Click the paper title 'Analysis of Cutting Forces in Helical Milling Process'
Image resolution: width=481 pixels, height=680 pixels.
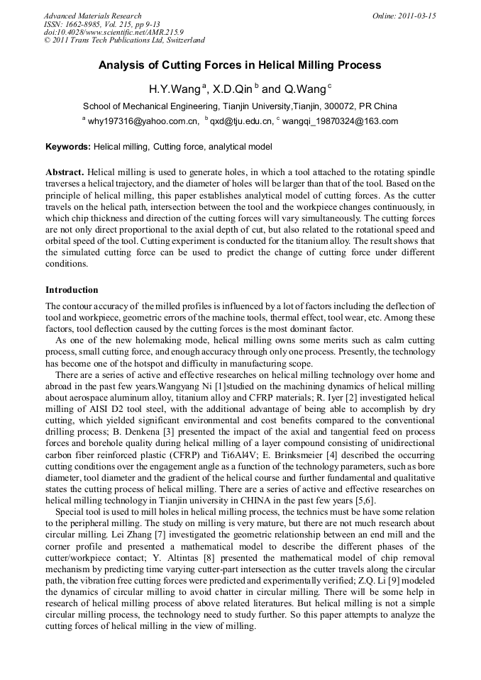click(240, 65)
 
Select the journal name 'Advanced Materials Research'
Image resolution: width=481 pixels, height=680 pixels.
click(92, 16)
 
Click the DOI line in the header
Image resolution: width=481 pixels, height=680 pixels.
click(114, 32)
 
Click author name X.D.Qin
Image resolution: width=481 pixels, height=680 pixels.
click(234, 90)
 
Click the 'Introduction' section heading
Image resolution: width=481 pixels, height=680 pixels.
click(72, 290)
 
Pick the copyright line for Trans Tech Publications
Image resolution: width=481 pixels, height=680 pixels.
click(124, 40)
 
